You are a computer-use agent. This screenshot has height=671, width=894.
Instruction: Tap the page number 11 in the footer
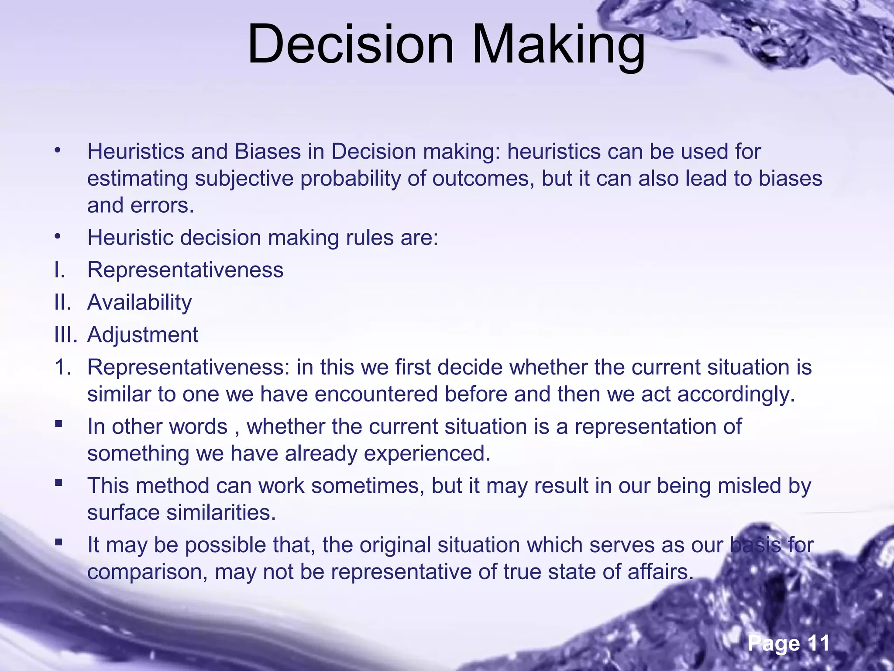click(818, 643)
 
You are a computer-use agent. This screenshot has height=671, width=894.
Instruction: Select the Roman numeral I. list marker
click(60, 270)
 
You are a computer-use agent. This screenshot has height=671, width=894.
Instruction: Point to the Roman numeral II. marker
click(62, 302)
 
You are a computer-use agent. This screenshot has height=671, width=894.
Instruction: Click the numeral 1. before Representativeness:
click(63, 367)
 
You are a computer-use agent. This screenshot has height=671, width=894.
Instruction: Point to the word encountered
click(376, 394)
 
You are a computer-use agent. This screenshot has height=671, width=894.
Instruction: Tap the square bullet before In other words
click(58, 423)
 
